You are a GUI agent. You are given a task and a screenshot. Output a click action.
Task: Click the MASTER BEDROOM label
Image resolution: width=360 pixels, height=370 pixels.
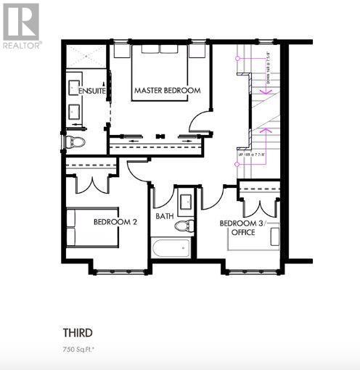tap(166, 90)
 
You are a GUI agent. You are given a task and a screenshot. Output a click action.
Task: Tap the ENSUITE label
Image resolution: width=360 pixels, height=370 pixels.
tap(93, 91)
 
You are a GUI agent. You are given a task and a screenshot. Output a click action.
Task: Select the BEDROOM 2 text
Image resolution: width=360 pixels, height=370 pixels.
tap(115, 222)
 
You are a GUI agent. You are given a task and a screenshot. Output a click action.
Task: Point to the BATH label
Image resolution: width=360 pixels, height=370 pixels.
tap(165, 216)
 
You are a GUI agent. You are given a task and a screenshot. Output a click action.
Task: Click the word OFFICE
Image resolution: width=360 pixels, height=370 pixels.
tap(243, 233)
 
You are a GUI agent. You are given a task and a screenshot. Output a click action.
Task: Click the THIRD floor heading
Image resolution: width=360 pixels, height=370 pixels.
tap(77, 333)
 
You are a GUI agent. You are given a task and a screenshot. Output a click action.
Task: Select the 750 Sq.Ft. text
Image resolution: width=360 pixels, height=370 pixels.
tap(79, 350)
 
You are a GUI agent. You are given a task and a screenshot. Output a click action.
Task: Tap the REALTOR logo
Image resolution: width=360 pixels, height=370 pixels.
tap(21, 25)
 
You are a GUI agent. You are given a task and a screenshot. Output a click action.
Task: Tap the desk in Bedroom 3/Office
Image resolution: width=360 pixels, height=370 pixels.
tap(274, 236)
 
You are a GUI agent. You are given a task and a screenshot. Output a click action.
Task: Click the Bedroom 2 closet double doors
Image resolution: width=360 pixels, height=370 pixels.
tap(93, 182)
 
